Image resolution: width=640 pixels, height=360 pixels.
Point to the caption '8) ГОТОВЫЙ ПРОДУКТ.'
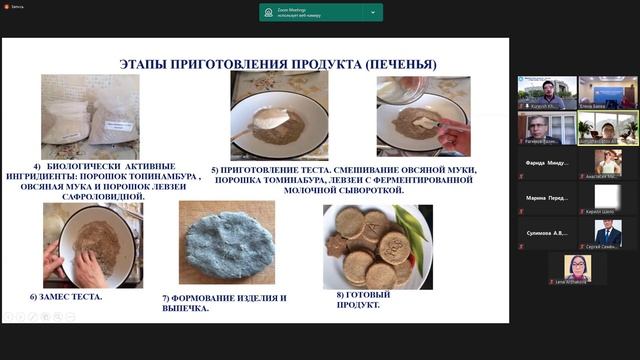[x=364, y=299]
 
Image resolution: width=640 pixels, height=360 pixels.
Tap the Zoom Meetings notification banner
[x=320, y=13]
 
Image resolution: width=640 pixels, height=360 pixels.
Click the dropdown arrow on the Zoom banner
[x=373, y=13]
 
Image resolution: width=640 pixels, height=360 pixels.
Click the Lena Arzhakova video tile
[x=577, y=268]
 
